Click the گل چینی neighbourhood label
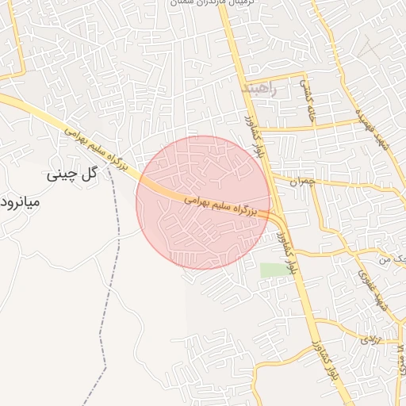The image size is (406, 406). pyautogui.click(x=71, y=173)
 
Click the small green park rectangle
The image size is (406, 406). pyautogui.click(x=274, y=270)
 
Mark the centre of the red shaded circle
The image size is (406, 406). pyautogui.click(x=203, y=202)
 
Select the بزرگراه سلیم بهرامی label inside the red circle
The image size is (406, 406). pyautogui.click(x=223, y=206)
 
